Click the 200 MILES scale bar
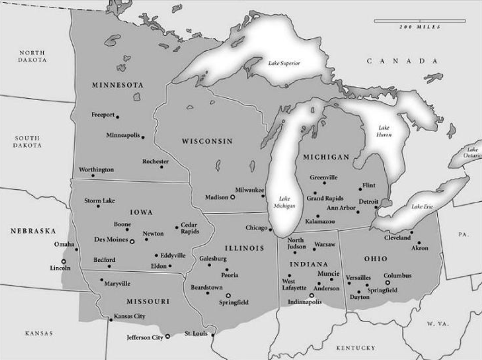(420, 21)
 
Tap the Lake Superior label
(284, 63)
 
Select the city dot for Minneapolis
(143, 137)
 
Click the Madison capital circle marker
(233, 197)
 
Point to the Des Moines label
(111, 240)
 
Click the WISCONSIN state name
(207, 142)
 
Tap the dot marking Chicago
(270, 229)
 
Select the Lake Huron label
(385, 131)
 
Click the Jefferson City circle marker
(167, 336)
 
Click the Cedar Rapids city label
(190, 228)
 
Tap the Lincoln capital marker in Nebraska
(63, 261)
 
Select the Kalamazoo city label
(320, 221)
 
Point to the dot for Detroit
(376, 207)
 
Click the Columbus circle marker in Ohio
(387, 282)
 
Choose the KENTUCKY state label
(356, 348)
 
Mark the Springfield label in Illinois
(234, 302)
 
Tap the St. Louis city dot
(213, 334)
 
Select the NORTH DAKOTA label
(32, 56)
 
